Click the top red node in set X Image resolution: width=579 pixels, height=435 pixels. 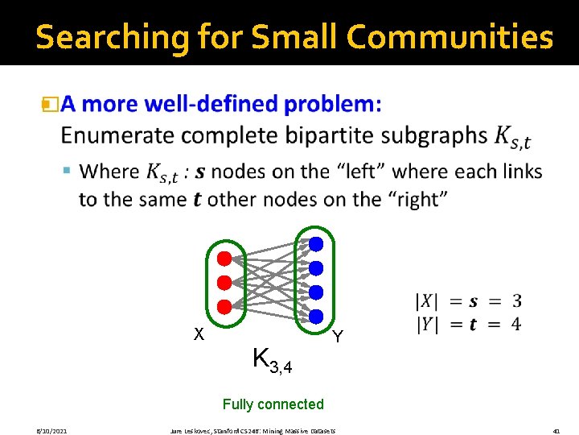(x=224, y=259)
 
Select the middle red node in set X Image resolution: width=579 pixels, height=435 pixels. (x=224, y=282)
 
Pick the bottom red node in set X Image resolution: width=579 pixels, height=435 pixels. (x=224, y=306)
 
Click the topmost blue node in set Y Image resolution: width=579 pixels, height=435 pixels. (x=316, y=243)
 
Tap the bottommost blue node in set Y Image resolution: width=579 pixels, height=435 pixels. (x=316, y=316)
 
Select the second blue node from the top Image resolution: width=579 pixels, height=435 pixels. (x=316, y=267)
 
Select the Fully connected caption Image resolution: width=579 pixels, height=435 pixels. (x=273, y=404)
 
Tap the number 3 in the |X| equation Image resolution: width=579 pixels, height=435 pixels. (x=516, y=301)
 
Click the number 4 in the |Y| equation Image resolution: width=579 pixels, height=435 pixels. (x=516, y=324)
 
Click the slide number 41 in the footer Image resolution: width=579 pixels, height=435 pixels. (x=556, y=431)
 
